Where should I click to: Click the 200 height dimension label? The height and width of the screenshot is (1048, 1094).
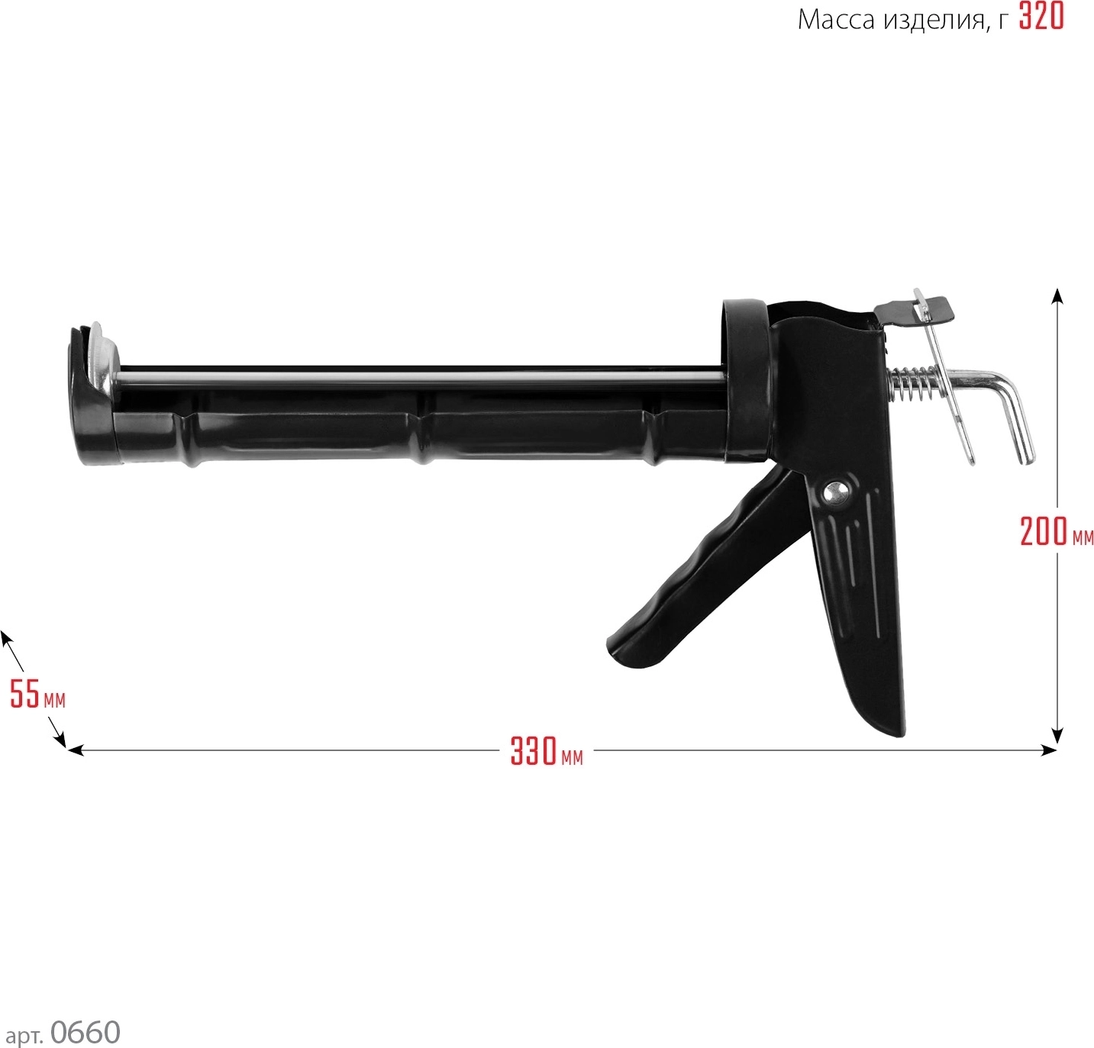point(1044,531)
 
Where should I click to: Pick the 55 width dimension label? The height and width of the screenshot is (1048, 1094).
point(25,694)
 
